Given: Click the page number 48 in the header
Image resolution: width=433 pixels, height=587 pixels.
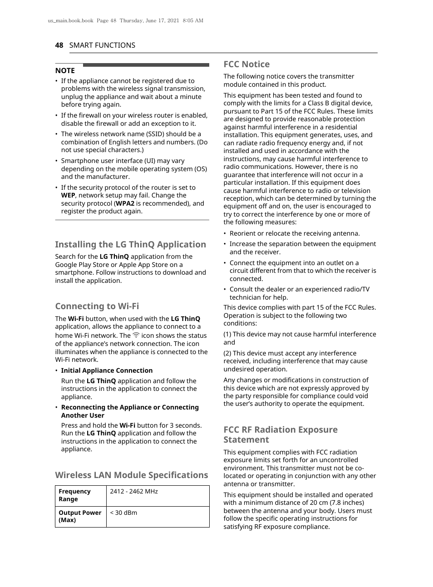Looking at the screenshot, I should point(59,45).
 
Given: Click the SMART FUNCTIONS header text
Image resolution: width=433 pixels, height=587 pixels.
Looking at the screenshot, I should point(102,45).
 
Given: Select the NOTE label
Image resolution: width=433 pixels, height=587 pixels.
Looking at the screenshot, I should point(65,71).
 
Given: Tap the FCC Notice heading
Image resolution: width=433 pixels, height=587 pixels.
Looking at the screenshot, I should point(246,64).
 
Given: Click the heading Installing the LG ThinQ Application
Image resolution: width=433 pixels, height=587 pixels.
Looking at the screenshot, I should point(130,245).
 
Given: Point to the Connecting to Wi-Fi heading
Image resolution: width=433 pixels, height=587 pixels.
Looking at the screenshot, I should point(97,306).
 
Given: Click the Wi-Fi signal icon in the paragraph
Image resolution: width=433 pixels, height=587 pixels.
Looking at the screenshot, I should point(136,335).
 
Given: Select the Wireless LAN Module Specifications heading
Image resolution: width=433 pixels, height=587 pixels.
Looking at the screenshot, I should point(131,475).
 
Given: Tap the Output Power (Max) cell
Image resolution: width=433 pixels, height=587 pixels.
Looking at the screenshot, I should point(80,516).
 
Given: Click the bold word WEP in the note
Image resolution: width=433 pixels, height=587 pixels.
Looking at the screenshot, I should point(68,196).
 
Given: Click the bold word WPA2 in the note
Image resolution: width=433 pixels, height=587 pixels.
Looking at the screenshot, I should point(125,203).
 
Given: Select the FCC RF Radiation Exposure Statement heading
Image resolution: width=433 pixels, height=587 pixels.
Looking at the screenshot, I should point(280,434).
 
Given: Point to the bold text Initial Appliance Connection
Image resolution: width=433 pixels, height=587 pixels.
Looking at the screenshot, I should point(107,370).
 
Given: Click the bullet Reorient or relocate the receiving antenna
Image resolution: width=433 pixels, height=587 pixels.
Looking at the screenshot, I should point(294,233).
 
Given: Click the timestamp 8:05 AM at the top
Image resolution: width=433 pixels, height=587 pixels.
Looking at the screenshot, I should point(193,21).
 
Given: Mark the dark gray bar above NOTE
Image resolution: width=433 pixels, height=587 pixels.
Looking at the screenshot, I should point(146,65).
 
